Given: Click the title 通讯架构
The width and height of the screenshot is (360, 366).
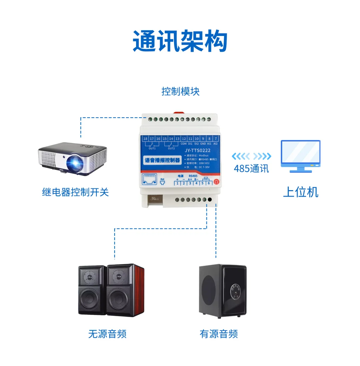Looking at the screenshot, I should pos(180,41).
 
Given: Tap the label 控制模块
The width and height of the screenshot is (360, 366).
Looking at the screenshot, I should pos(180,91).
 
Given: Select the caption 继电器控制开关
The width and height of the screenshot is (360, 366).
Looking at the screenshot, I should pos(75,192).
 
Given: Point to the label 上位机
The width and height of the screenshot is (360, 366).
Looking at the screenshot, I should pos(300,192).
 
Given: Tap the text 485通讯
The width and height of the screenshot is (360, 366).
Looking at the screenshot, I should pos(251,169).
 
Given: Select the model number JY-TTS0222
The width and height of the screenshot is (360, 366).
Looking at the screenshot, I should pos(198,151).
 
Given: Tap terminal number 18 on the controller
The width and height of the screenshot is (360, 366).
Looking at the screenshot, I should pos(145,139).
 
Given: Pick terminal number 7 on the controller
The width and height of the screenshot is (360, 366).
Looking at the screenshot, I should pos(216,139).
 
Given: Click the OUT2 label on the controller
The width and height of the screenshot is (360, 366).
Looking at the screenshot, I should pos(171,149).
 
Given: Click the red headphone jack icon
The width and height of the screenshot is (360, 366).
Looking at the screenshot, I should pos(217,182).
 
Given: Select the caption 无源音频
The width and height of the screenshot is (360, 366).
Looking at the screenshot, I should pos(107,334).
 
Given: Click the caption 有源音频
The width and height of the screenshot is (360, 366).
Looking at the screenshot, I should pos(219,334).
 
